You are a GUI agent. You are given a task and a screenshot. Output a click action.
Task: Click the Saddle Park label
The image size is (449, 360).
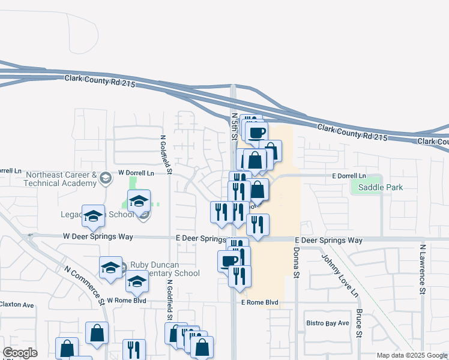pyautogui.click(x=380, y=187)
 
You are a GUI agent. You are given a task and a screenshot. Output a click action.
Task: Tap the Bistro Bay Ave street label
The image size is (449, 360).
pyautogui.click(x=327, y=323)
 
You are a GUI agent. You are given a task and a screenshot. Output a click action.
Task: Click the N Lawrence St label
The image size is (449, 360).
pyautogui.click(x=423, y=268)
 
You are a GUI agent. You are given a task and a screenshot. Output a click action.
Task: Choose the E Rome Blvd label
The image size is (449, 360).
pyautogui.click(x=259, y=302)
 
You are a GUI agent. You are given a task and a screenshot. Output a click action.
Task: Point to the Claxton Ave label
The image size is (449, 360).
pyautogui.click(x=17, y=305)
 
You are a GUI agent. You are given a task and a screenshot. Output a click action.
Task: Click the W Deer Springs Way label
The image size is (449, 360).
pyautogui.click(x=98, y=237)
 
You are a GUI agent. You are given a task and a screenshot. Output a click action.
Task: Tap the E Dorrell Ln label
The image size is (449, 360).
pyautogui.click(x=349, y=176)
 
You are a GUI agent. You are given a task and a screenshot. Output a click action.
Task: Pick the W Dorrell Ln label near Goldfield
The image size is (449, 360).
pyautogui.click(x=136, y=173)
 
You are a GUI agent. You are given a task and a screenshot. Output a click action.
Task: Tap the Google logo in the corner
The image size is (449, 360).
pyautogui.click(x=20, y=353)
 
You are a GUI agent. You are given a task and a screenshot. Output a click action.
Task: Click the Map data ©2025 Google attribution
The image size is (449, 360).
pyautogui.click(x=411, y=355)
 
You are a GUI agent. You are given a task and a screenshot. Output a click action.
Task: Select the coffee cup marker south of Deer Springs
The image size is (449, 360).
pyautogui.click(x=229, y=260)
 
